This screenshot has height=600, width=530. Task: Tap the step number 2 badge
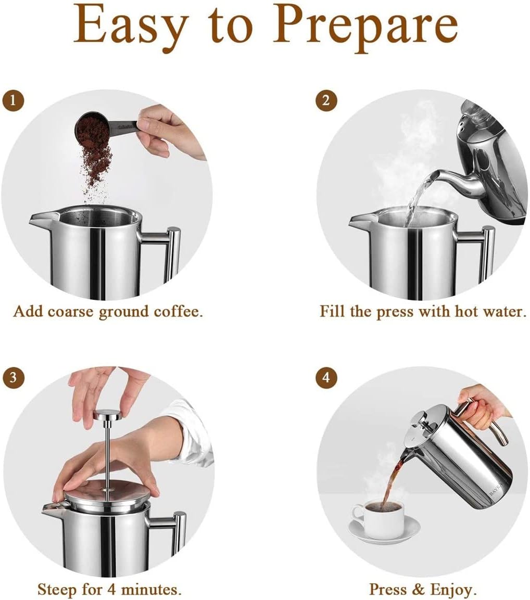[x=326, y=100]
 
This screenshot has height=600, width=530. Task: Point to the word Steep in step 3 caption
[x=57, y=590]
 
